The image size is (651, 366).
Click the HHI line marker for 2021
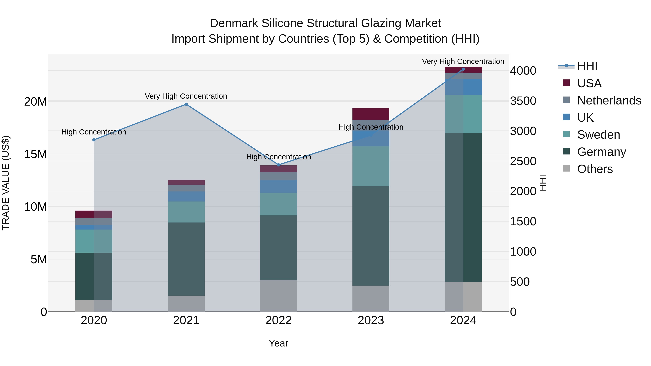pyautogui.click(x=186, y=104)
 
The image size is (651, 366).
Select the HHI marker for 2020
pyautogui.click(x=94, y=140)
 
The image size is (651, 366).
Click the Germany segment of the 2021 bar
pyautogui.click(x=186, y=259)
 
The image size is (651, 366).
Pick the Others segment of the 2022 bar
pyautogui.click(x=278, y=296)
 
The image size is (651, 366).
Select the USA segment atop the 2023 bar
pyautogui.click(x=371, y=114)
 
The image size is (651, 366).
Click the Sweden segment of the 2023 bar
pyautogui.click(x=371, y=166)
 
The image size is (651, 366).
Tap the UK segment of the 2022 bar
pyautogui.click(x=278, y=186)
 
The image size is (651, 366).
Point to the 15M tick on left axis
pyautogui.click(x=35, y=154)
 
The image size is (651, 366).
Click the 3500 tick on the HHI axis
pyautogui.click(x=523, y=101)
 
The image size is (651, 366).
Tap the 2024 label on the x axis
pyautogui.click(x=463, y=320)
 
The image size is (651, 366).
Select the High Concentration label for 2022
pyautogui.click(x=278, y=157)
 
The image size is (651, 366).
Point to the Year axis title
pyautogui.click(x=278, y=343)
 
